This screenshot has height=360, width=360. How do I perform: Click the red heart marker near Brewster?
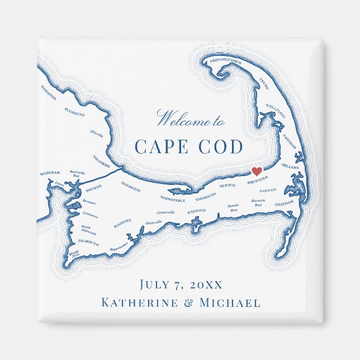tap(256, 171)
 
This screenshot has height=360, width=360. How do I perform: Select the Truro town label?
tap(264, 84)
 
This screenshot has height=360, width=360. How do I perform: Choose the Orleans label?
tap(290, 166)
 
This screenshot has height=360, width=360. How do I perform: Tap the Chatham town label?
tap(284, 205)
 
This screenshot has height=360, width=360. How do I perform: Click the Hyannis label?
tap(196, 211)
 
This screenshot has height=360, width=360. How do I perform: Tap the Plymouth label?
tap(74, 112)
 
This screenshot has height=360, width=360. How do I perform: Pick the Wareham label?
tap(50, 174)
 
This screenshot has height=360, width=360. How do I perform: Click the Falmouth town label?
tap(88, 243)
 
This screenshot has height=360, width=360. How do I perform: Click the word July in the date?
tap(154, 285)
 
